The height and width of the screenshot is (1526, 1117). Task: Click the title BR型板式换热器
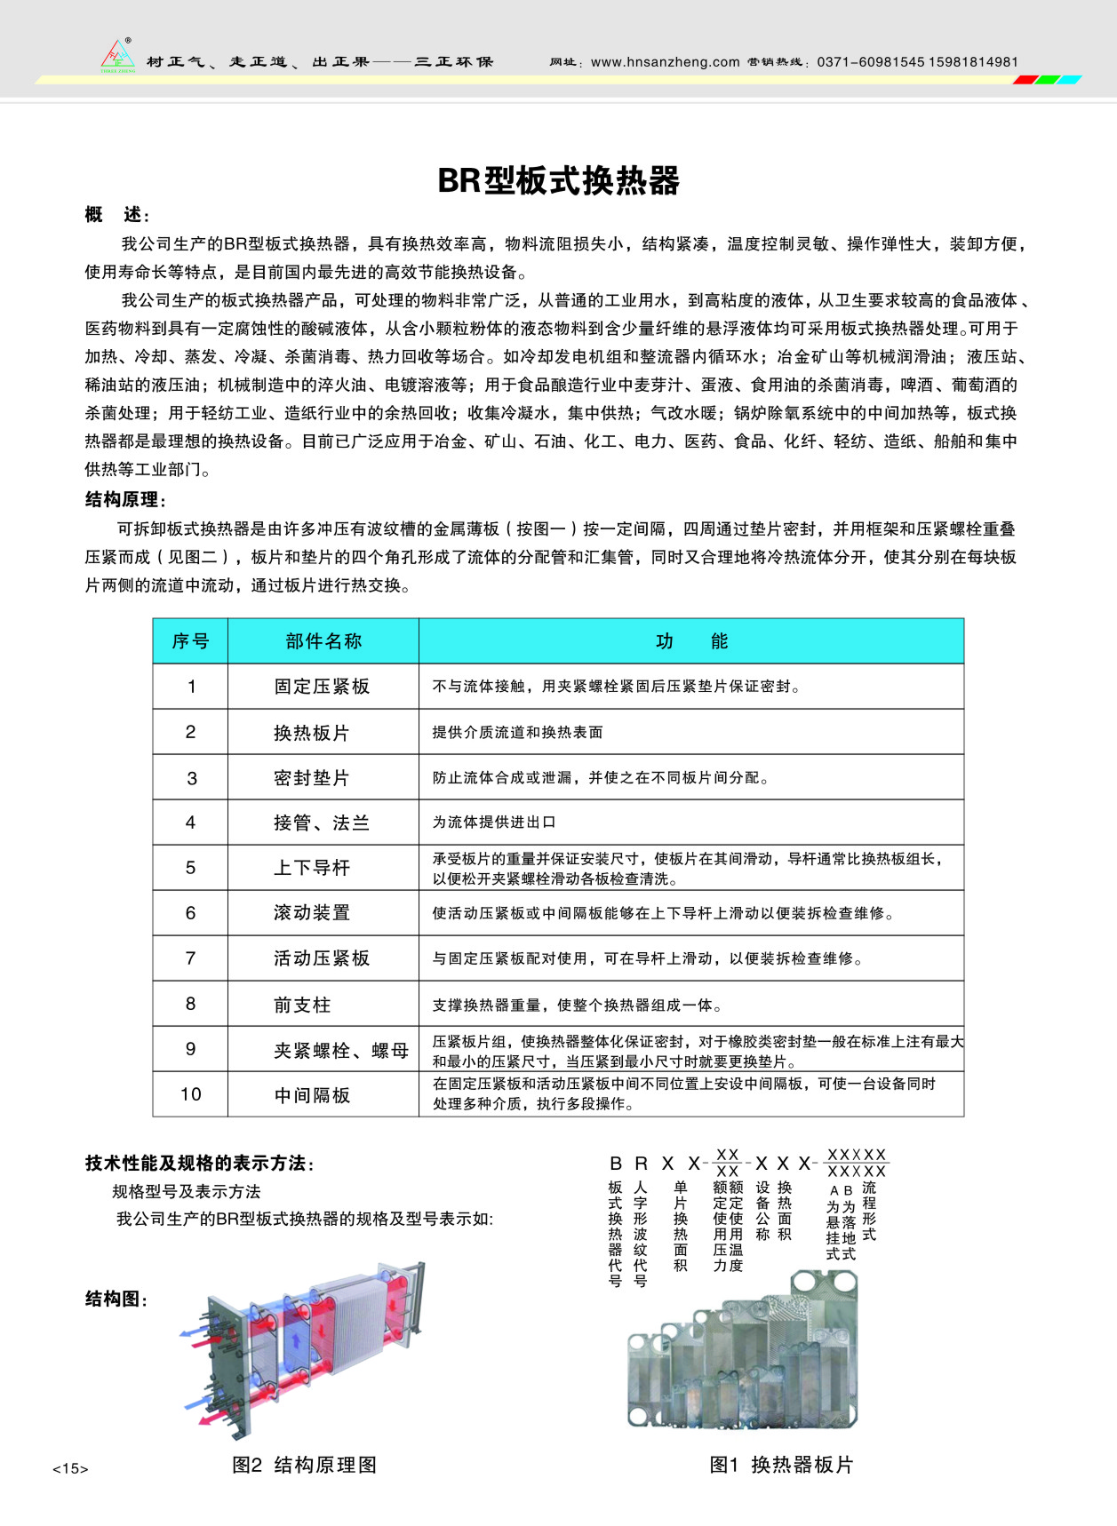click(558, 180)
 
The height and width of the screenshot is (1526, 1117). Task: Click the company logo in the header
click(117, 56)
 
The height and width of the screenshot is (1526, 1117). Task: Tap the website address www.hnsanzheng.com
click(665, 62)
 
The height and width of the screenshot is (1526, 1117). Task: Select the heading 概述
click(117, 215)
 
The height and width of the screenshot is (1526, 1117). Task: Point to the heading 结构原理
click(125, 500)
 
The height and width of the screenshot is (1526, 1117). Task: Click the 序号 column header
click(190, 641)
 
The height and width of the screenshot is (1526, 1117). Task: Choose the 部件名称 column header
click(323, 641)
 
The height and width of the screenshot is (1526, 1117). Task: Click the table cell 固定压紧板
click(322, 687)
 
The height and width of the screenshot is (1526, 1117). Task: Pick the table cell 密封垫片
click(312, 778)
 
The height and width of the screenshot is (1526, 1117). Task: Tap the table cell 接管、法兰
click(322, 823)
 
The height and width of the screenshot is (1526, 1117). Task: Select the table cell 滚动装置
click(312, 913)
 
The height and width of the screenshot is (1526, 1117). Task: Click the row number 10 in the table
click(190, 1094)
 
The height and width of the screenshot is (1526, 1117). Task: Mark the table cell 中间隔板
click(312, 1095)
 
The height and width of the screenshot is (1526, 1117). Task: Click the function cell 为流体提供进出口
click(494, 823)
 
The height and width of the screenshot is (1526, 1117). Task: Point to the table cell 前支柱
click(302, 1005)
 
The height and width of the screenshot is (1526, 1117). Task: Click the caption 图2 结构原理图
click(304, 1465)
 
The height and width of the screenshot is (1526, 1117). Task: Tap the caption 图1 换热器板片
click(781, 1465)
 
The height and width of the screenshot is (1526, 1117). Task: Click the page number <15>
click(70, 1469)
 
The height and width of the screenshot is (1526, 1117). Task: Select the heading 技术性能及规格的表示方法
click(200, 1164)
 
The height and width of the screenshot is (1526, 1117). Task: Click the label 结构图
click(116, 1299)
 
